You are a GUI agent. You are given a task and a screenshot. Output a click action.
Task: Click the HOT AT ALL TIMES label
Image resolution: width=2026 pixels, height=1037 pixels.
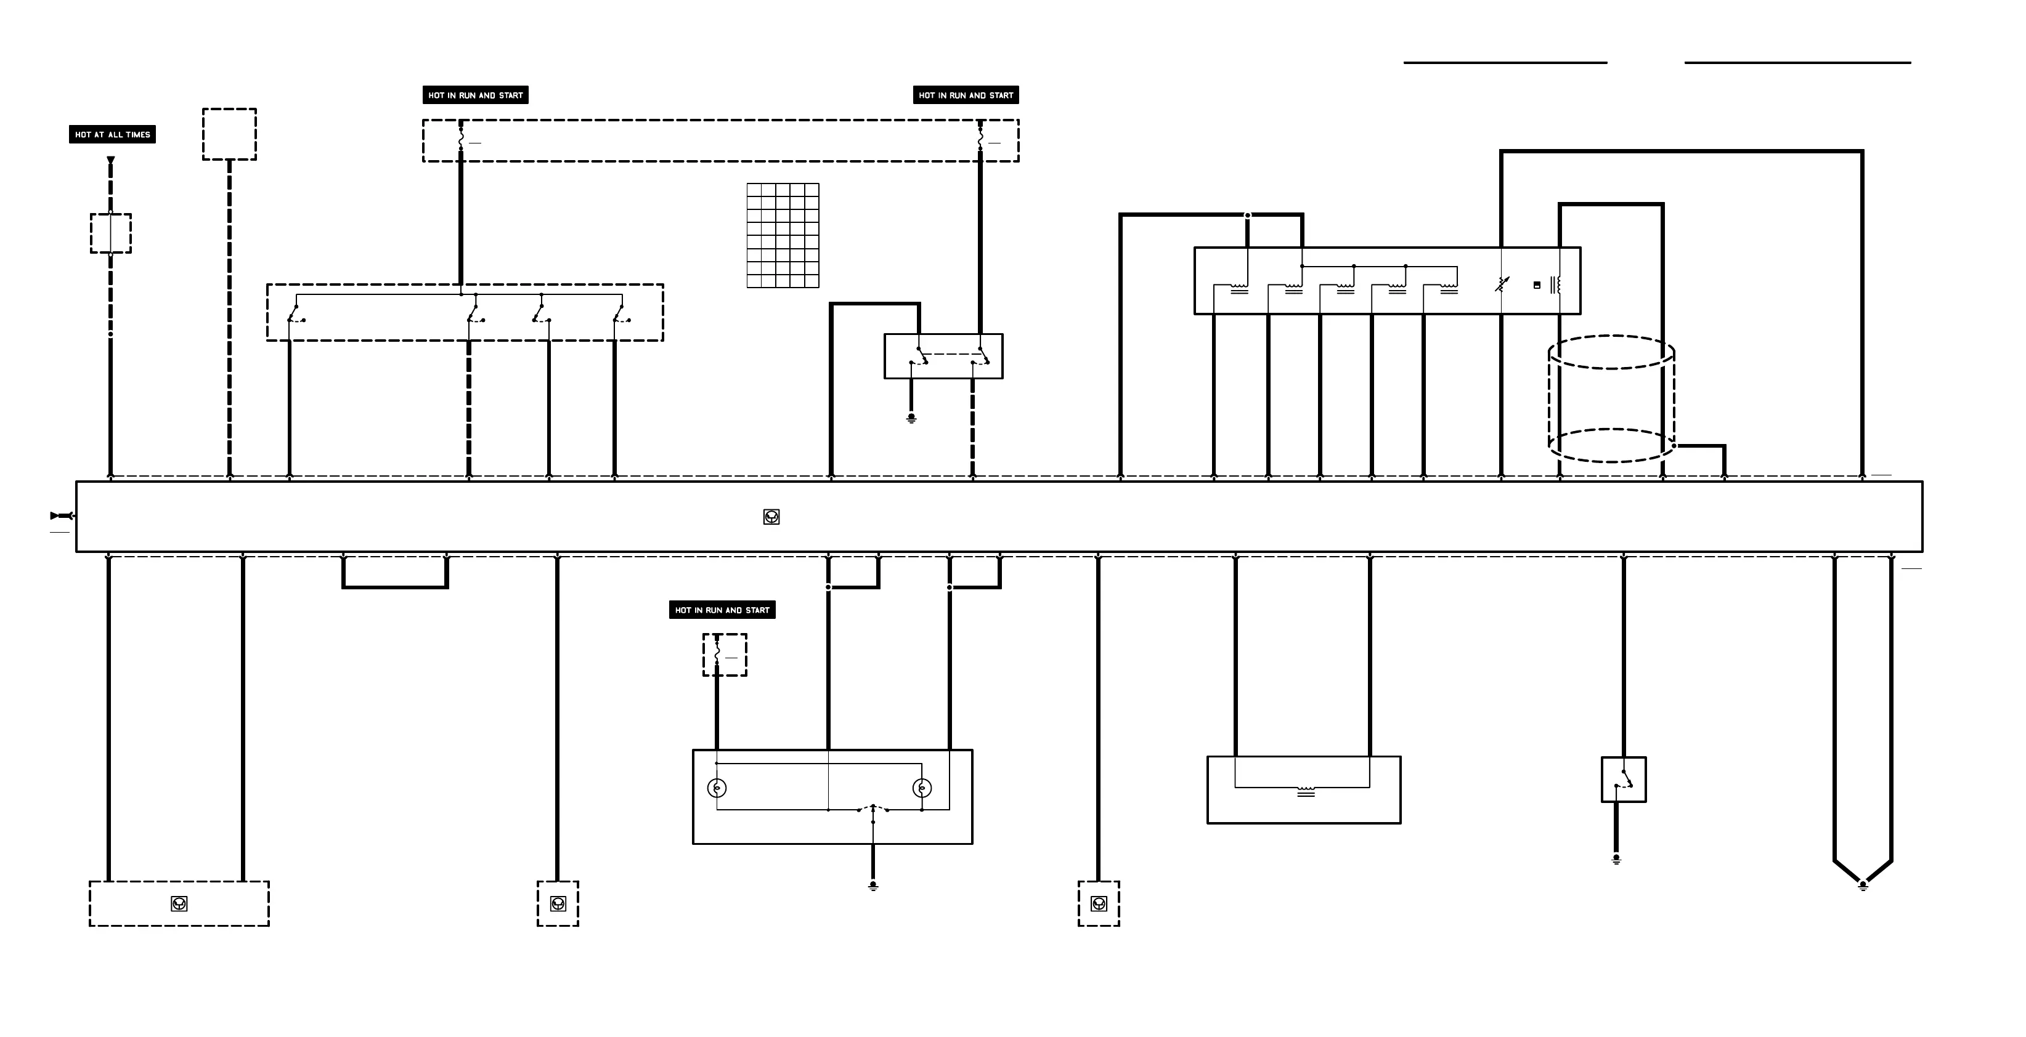pyautogui.click(x=113, y=134)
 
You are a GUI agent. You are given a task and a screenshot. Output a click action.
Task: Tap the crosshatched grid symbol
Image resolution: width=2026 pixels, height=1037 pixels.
pyautogui.click(x=783, y=236)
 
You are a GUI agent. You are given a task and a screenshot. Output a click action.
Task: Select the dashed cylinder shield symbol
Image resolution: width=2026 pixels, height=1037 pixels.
pyautogui.click(x=1611, y=400)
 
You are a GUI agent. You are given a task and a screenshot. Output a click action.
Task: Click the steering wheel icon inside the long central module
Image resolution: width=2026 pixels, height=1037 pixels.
pyautogui.click(x=771, y=517)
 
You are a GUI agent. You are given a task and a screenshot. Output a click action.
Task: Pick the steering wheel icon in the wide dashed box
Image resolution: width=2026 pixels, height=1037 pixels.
pyautogui.click(x=179, y=904)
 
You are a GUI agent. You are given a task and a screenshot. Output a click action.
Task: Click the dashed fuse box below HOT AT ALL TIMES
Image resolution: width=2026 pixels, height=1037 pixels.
pyautogui.click(x=111, y=233)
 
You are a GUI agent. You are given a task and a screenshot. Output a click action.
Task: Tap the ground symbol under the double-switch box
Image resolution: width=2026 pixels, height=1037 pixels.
pyautogui.click(x=911, y=418)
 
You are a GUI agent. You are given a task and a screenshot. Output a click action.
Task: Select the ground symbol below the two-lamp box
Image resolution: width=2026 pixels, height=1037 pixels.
pyautogui.click(x=873, y=886)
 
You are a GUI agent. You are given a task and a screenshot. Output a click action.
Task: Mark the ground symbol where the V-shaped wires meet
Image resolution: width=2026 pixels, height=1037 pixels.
pyautogui.click(x=1863, y=886)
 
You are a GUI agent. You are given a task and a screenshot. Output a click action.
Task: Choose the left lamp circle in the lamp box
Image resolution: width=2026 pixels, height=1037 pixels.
pyautogui.click(x=717, y=788)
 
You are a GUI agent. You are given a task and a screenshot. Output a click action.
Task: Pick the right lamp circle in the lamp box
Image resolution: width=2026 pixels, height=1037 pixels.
pyautogui.click(x=922, y=788)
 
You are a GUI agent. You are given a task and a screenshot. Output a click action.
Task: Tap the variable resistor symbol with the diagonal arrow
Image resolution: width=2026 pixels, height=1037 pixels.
pyautogui.click(x=1502, y=284)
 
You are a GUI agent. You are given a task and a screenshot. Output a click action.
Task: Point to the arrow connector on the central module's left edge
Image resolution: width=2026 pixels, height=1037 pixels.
pyautogui.click(x=62, y=516)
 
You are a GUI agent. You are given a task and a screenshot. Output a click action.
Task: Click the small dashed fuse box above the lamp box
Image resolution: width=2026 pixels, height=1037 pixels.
pyautogui.click(x=725, y=655)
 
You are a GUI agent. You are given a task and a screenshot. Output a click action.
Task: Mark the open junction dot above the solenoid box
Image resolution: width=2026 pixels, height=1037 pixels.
pyautogui.click(x=1247, y=216)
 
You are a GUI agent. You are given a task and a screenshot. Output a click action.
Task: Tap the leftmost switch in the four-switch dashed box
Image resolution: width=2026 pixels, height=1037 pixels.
pyautogui.click(x=296, y=315)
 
